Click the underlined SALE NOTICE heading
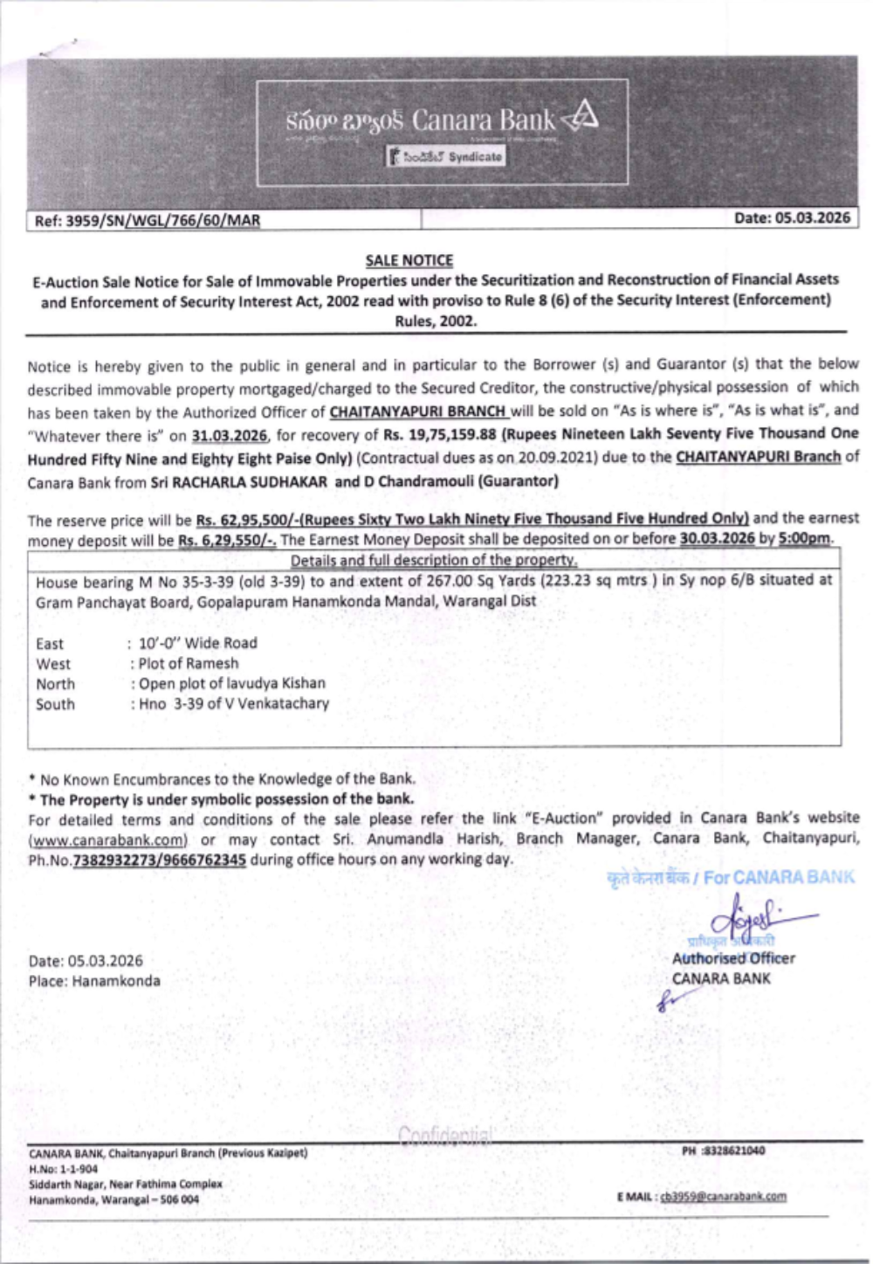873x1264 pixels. (x=409, y=260)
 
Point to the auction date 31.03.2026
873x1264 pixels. (x=230, y=435)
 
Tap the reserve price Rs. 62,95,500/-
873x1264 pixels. (x=249, y=520)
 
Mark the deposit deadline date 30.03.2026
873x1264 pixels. (x=717, y=538)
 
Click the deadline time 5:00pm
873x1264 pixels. (x=804, y=538)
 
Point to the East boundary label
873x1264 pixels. (x=50, y=644)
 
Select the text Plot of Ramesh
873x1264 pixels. (x=188, y=663)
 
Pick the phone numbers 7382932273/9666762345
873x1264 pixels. (x=160, y=860)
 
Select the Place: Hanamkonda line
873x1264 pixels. (x=94, y=981)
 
